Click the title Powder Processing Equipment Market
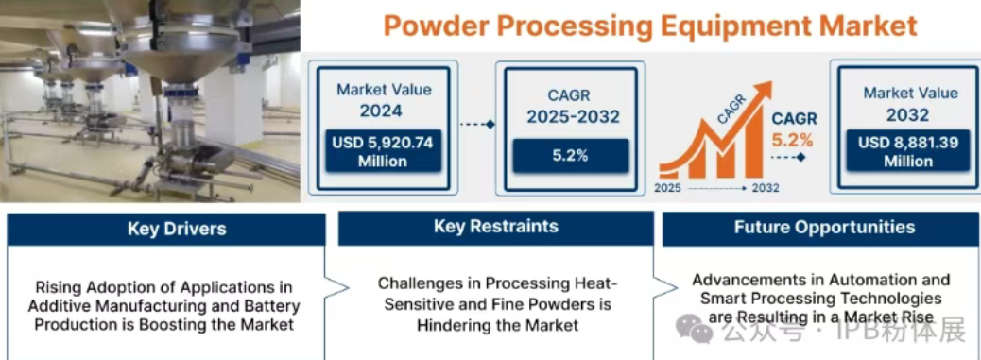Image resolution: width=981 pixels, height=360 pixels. [649, 26]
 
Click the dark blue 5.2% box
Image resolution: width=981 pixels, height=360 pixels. [571, 156]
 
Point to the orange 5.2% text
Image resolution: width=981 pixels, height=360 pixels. [793, 140]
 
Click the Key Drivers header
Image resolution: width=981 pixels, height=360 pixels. [166, 229]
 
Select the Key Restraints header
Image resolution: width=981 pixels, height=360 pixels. [496, 227]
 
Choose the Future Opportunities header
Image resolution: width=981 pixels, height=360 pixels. [821, 227]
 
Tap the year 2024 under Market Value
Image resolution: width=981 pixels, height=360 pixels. [380, 111]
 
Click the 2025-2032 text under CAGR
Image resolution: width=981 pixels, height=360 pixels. [573, 116]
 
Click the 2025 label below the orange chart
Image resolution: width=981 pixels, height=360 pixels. [668, 188]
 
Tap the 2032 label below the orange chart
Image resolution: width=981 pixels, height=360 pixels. [766, 188]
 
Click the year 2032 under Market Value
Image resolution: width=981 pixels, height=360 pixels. [908, 114]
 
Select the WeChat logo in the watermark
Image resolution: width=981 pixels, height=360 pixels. [692, 328]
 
